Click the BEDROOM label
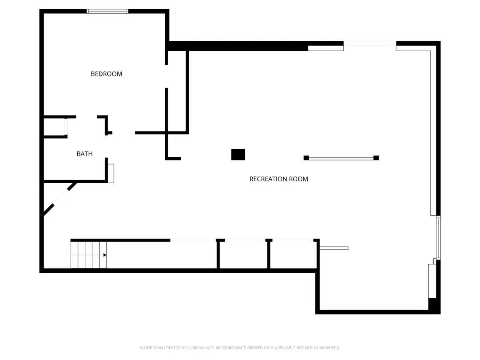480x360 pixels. (106, 74)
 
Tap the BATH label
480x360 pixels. (84, 154)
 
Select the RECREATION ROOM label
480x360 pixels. (278, 179)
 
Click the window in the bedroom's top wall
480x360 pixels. (107, 11)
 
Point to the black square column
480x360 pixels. (238, 154)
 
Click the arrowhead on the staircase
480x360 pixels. (105, 255)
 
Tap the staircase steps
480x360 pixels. (88, 255)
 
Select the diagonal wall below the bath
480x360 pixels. (60, 199)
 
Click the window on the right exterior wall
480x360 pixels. (438, 237)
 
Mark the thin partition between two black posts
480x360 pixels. (341, 158)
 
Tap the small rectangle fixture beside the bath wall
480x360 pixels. (111, 173)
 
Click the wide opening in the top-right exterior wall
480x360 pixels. (370, 44)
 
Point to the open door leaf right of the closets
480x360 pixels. (334, 248)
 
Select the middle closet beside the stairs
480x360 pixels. (243, 255)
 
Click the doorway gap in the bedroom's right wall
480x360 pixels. (166, 76)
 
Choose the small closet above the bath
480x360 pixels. (54, 127)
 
